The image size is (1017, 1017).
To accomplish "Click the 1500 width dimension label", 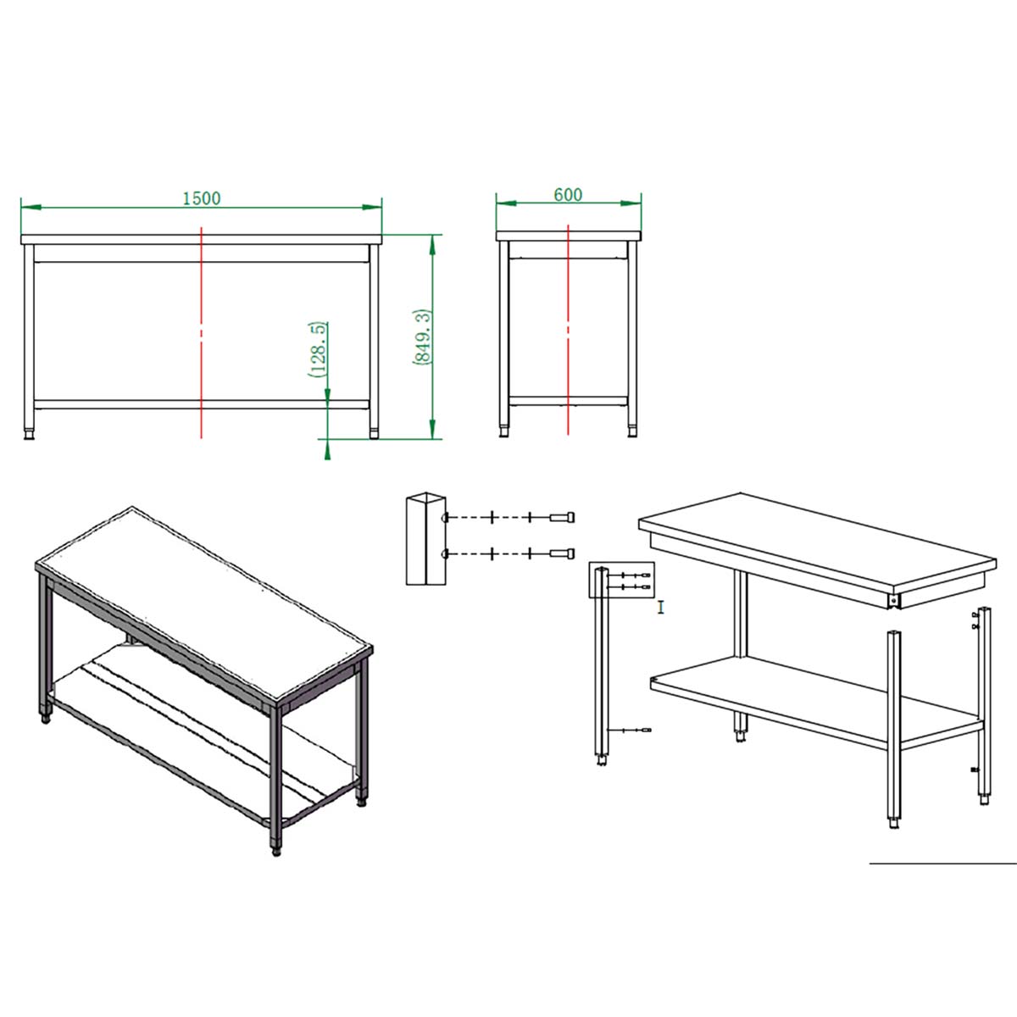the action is (202, 198).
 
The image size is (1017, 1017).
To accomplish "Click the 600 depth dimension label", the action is (568, 195).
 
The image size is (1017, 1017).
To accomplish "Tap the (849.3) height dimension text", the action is (423, 336).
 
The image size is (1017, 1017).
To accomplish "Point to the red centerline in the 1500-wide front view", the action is (201, 332).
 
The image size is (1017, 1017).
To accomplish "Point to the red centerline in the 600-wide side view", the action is (568, 330).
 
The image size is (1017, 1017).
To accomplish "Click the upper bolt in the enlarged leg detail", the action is (562, 517).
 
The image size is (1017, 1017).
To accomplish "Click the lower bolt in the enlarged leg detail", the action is (562, 553).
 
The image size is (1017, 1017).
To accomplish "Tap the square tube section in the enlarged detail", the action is (426, 538).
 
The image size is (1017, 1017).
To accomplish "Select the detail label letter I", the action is (661, 608).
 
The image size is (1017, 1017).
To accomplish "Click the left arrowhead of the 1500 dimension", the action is (31, 208).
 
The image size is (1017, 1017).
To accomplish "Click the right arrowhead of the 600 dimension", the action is (631, 203).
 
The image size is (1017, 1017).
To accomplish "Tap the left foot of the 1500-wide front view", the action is (29, 435).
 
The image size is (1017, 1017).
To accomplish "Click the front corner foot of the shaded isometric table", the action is (276, 850).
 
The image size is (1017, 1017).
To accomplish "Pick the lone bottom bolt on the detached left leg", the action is (637, 730).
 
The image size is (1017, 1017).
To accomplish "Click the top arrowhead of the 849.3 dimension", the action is (432, 245).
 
